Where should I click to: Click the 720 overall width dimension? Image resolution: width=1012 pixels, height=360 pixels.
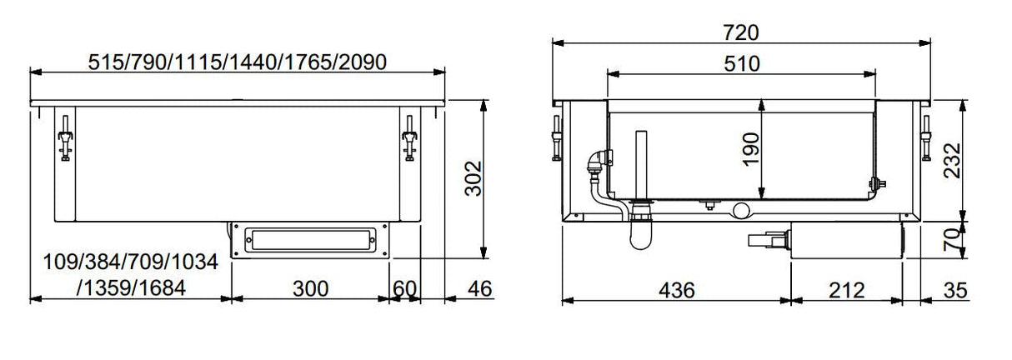coord(741,32)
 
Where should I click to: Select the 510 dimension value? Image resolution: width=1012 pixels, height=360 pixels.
coord(741,63)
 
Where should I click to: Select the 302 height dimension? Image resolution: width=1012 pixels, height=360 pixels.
coord(472,178)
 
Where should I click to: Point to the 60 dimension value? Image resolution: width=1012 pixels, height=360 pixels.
coord(404,289)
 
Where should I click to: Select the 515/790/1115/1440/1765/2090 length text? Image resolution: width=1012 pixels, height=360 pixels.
coord(238,62)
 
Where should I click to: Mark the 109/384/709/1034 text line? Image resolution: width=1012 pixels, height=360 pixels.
coord(130,263)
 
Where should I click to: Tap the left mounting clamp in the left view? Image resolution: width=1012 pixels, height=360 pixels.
coord(64,139)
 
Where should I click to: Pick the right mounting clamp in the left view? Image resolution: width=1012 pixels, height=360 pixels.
coord(408,139)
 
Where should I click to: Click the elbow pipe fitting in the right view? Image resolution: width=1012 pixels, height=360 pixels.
coord(597,162)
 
